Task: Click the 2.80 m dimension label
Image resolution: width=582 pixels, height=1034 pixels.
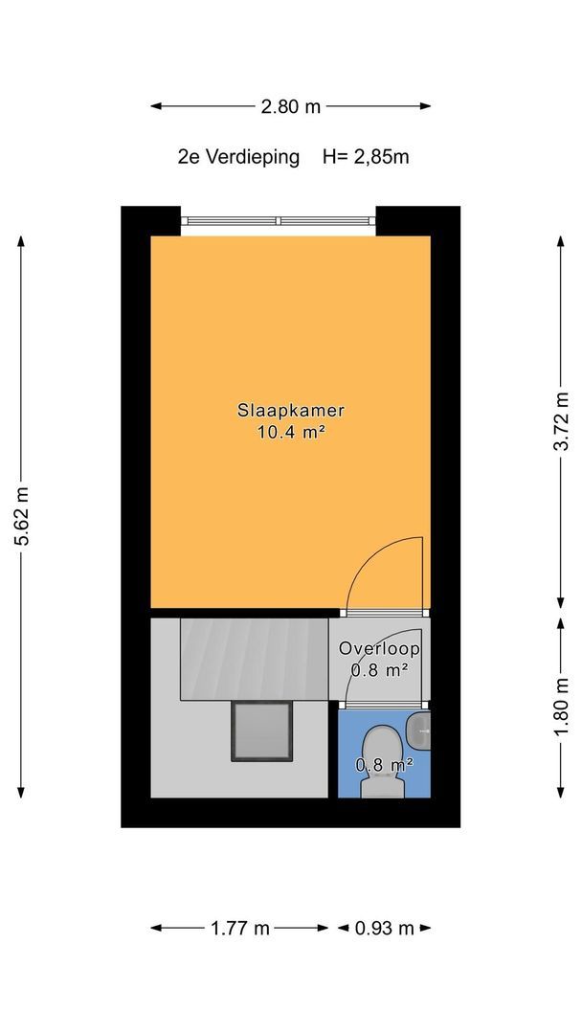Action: (x=290, y=106)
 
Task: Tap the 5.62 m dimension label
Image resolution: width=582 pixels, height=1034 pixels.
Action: (x=21, y=517)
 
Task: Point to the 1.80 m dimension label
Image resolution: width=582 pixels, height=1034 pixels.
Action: (x=561, y=708)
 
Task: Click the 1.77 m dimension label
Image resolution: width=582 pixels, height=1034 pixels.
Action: (x=240, y=928)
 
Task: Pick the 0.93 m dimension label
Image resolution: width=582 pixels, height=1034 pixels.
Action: (x=384, y=928)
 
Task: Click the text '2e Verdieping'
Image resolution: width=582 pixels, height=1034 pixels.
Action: (x=238, y=158)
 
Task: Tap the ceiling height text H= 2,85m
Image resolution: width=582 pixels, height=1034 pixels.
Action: (x=366, y=157)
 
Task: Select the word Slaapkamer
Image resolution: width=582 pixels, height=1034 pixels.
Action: (x=291, y=410)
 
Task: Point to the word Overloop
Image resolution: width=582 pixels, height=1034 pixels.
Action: (x=380, y=649)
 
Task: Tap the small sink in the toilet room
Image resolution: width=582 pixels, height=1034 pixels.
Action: (x=419, y=730)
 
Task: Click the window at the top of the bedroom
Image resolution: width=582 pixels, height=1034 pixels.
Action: (x=278, y=221)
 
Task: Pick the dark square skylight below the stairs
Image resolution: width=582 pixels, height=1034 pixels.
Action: (x=261, y=731)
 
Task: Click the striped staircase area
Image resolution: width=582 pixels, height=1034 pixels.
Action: (x=255, y=659)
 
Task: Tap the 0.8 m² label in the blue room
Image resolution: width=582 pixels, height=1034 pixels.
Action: (x=385, y=765)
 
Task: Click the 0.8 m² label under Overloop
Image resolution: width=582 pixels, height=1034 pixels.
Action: (x=378, y=671)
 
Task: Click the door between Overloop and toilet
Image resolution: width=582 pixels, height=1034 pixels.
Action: (x=384, y=706)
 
